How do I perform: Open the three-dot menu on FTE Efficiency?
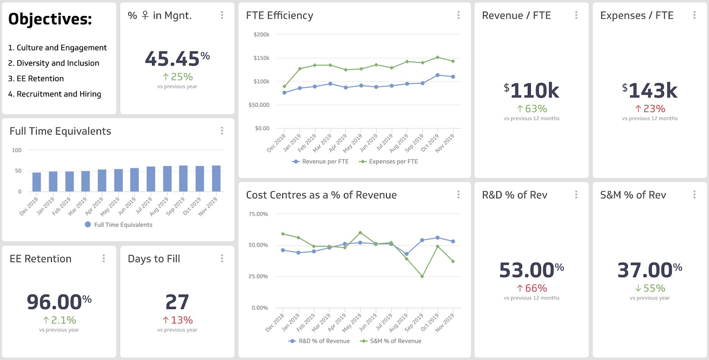pyautogui.click(x=458, y=15)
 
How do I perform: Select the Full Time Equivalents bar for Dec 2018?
pyautogui.click(x=37, y=182)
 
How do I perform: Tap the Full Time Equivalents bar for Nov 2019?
pyautogui.click(x=216, y=178)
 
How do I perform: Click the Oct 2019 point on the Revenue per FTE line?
pyautogui.click(x=438, y=75)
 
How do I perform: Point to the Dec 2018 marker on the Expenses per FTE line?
pyautogui.click(x=284, y=86)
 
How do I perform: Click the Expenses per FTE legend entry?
pyautogui.click(x=388, y=161)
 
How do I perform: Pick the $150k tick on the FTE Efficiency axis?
pyautogui.click(x=261, y=58)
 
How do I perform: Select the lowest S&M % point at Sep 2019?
pyautogui.click(x=422, y=276)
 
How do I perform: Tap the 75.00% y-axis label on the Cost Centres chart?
pyautogui.click(x=258, y=214)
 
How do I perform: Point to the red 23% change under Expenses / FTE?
pyautogui.click(x=650, y=109)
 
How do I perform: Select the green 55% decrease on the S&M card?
pyautogui.click(x=650, y=288)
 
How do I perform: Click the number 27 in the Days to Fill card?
pyautogui.click(x=177, y=302)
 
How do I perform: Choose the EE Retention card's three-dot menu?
pyautogui.click(x=104, y=258)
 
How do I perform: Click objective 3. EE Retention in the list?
pyautogui.click(x=36, y=79)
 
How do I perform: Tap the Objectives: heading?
pyautogui.click(x=50, y=19)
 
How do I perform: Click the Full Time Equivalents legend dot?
pyautogui.click(x=88, y=224)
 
